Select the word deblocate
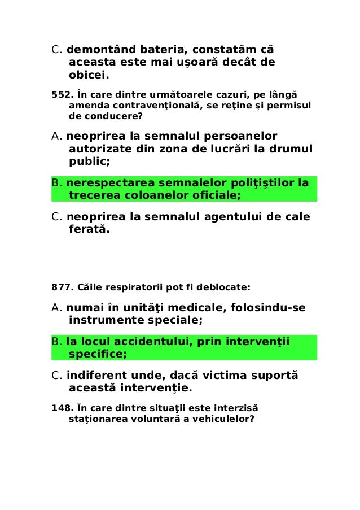click(x=225, y=287)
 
